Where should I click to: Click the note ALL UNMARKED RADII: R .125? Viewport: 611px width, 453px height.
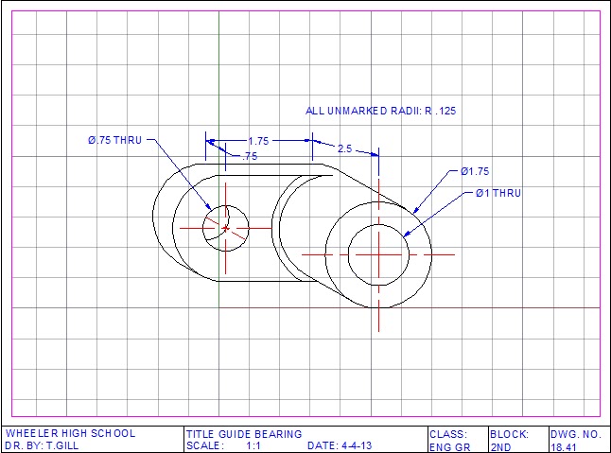click(380, 111)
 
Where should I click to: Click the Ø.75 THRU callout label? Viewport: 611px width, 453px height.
click(114, 140)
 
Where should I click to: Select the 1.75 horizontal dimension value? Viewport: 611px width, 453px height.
click(258, 141)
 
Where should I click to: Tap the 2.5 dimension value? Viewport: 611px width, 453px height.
click(344, 148)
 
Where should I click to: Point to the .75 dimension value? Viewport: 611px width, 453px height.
click(250, 156)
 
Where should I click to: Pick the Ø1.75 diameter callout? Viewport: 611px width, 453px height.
click(474, 171)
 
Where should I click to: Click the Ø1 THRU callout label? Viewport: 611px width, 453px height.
click(498, 193)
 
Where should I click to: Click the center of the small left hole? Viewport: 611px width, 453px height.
click(226, 228)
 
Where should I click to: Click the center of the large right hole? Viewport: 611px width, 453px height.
click(378, 253)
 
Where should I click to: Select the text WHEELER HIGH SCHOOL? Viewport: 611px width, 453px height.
click(70, 434)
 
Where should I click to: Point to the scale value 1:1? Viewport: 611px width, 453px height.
click(253, 445)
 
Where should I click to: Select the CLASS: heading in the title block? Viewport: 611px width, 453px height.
click(448, 434)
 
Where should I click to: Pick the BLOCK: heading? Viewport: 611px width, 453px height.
click(509, 434)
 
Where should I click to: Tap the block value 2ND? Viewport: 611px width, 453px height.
click(500, 445)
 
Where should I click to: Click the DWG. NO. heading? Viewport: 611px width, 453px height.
click(574, 434)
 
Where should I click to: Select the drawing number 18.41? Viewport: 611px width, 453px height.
click(564, 445)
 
